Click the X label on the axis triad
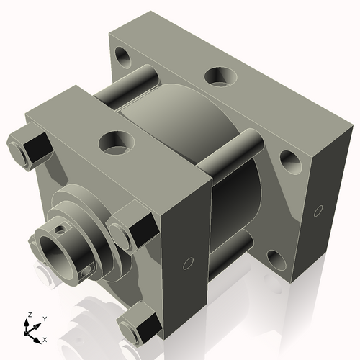[45, 338]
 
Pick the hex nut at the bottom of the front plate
[141, 325]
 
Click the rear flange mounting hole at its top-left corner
[122, 55]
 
